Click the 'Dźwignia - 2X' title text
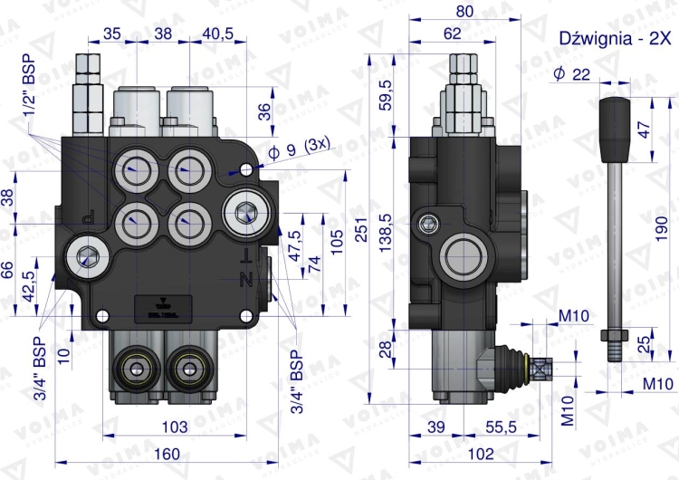(x=615, y=38)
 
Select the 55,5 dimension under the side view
(x=494, y=426)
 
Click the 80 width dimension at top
(x=464, y=13)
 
